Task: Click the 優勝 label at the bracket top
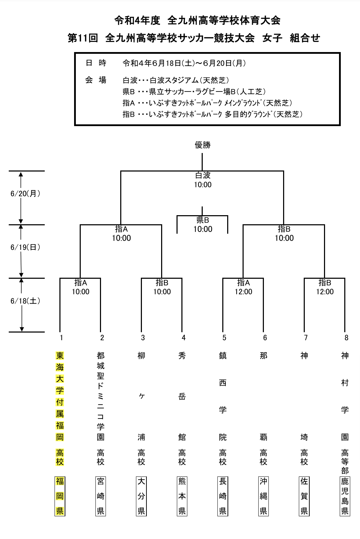tap(203, 145)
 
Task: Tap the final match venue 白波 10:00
tap(203, 180)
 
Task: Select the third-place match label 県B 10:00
tap(203, 225)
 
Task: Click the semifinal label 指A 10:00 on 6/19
tap(121, 234)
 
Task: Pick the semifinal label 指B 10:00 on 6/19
tap(284, 234)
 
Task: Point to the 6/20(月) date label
tap(26, 194)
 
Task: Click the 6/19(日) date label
tap(26, 247)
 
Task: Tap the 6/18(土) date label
tap(26, 301)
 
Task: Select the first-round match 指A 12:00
tap(243, 287)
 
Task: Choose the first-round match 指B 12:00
tap(325, 287)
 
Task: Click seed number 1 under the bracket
tap(61, 337)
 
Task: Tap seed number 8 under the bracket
tap(346, 337)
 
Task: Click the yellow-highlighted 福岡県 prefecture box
tap(60, 496)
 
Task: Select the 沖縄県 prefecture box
tap(264, 496)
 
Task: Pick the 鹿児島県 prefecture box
tap(345, 496)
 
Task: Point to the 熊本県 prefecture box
tap(182, 496)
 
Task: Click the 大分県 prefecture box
tap(141, 496)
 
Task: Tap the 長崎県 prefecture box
tap(223, 496)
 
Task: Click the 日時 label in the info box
tap(96, 63)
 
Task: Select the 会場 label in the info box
tap(96, 80)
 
